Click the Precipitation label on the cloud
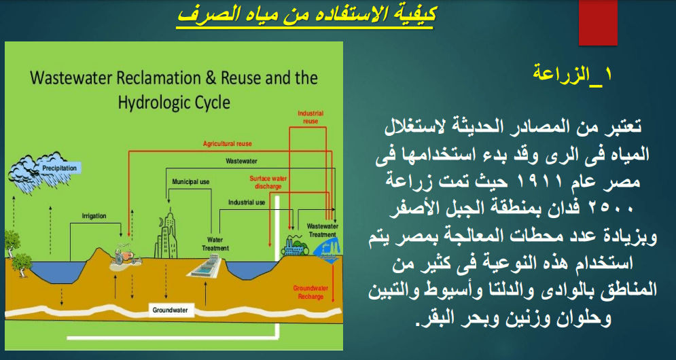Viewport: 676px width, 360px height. [60, 168]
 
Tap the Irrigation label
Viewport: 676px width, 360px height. [94, 216]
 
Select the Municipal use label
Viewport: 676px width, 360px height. [190, 182]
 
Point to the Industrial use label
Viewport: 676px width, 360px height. [247, 202]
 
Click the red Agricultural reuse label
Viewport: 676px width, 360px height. [227, 143]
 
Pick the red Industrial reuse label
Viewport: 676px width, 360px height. [310, 118]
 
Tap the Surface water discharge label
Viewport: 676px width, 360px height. [268, 182]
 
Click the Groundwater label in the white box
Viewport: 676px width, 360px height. [171, 310]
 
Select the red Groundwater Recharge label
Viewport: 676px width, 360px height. [310, 292]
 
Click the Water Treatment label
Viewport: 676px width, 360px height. [215, 244]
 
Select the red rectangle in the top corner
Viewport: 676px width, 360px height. [598, 22]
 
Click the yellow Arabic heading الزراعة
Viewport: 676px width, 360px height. [573, 75]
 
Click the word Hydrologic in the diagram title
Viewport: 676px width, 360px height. [153, 103]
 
